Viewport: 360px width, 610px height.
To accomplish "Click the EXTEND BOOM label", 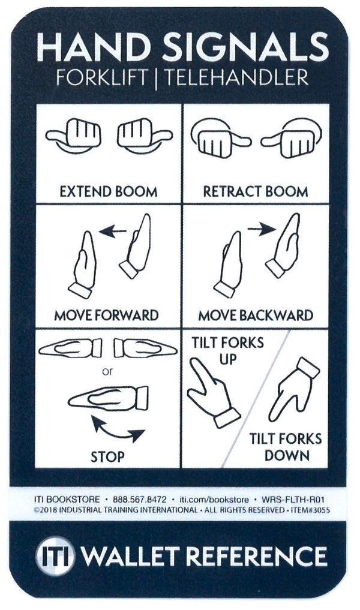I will [x=109, y=192].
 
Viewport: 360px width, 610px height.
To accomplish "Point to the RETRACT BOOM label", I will [x=255, y=192].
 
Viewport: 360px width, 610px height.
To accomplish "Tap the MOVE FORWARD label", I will [x=106, y=315].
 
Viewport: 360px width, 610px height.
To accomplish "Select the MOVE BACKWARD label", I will [x=255, y=315].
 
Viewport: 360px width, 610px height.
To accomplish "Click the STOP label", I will [x=108, y=456].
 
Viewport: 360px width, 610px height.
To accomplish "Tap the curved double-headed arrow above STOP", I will [x=118, y=430].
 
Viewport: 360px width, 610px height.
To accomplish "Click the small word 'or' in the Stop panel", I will [x=107, y=372].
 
